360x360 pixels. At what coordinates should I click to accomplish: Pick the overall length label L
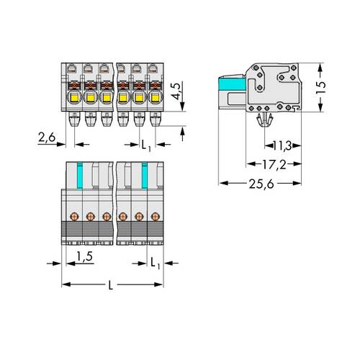click(x=109, y=286)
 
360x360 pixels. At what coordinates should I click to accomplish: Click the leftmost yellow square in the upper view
click(x=73, y=95)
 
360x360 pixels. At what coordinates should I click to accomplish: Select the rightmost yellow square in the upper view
click(x=153, y=95)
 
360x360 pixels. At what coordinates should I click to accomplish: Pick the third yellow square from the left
click(x=105, y=95)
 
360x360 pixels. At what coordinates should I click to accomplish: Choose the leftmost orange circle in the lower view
click(x=73, y=215)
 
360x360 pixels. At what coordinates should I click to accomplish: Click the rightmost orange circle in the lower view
click(x=154, y=215)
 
